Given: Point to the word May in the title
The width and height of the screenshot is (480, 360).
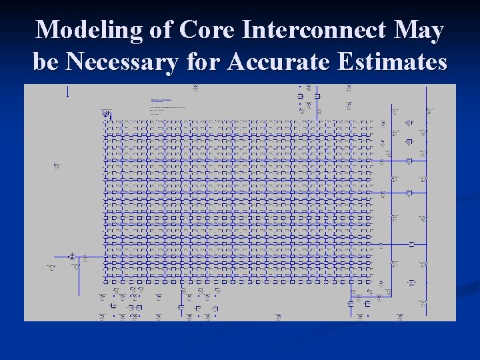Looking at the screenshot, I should click(419, 31).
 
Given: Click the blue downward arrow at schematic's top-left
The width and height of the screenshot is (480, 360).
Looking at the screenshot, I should click(67, 93).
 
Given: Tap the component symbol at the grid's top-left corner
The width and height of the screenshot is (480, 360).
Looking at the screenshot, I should click(106, 115).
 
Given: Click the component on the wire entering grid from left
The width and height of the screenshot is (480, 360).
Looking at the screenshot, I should click(72, 256).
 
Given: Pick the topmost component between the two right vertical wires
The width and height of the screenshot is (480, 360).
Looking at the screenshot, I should click(409, 123).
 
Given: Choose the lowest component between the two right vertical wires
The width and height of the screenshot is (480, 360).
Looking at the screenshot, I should click(411, 283).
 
